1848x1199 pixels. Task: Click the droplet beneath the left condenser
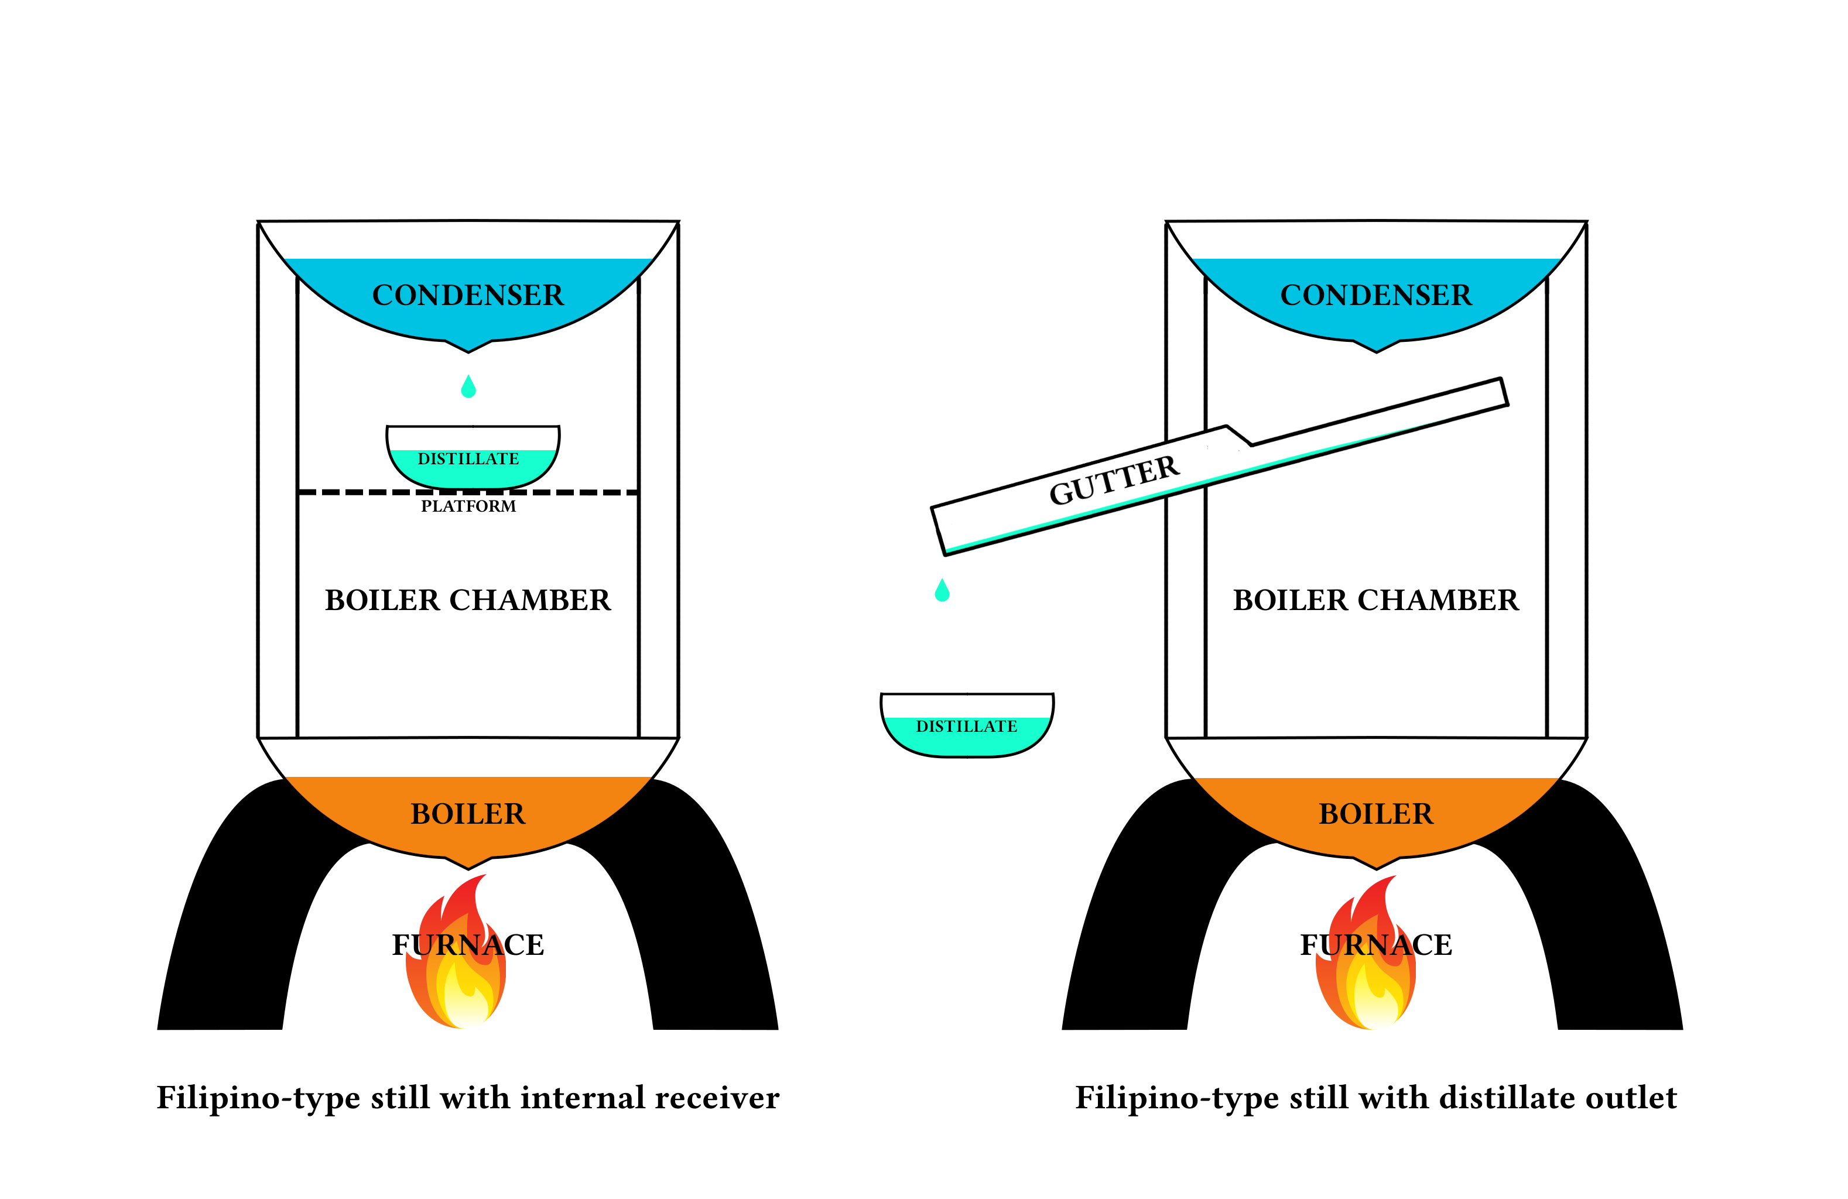[x=468, y=388]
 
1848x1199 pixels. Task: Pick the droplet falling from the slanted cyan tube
[x=942, y=591]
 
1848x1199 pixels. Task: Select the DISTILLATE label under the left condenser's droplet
[x=468, y=459]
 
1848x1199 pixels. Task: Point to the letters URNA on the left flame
[x=460, y=945]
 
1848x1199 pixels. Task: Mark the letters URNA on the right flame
[x=1368, y=945]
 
